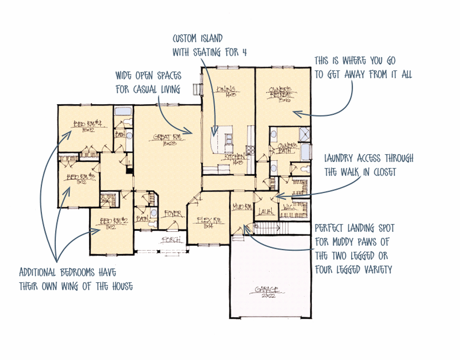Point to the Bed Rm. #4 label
point(84,124)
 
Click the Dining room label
point(225,90)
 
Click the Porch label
point(169,239)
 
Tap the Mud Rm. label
point(240,207)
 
